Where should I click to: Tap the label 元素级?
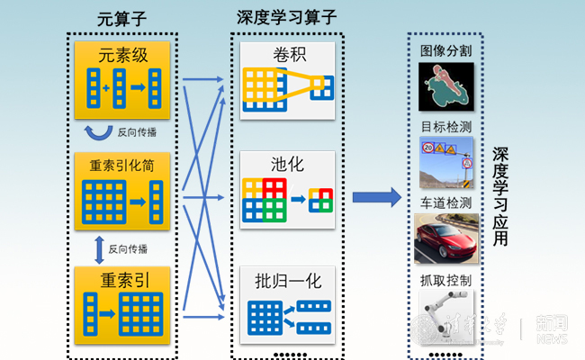pos(122,55)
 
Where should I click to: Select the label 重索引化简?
pos(121,167)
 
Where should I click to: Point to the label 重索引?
pos(123,280)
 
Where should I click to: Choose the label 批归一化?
pos(288,280)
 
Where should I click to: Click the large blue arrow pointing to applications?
pos(376,197)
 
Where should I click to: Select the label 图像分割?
pos(445,50)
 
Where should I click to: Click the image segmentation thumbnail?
pos(445,85)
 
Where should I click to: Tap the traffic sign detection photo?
pos(445,163)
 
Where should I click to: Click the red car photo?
pos(445,238)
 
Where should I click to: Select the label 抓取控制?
pos(445,281)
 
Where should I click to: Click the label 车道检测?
pos(445,202)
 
